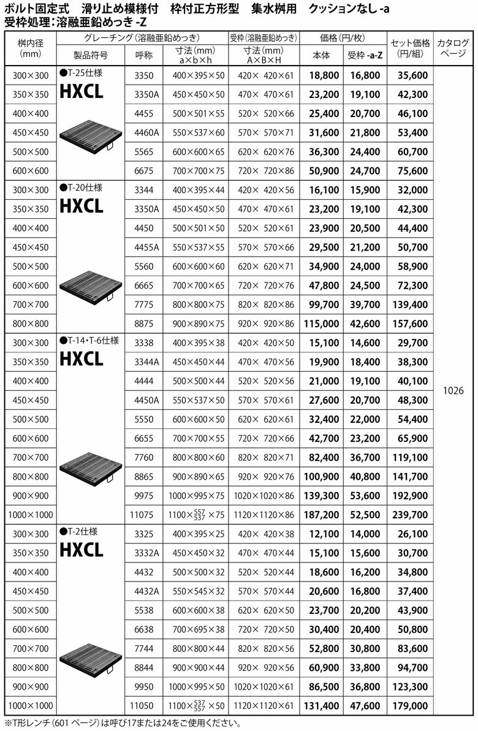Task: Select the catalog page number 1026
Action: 454,390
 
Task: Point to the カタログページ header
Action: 454,48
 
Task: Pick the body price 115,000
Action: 321,324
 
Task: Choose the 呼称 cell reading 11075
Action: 147,515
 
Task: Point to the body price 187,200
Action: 321,515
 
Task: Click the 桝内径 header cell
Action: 30,48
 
